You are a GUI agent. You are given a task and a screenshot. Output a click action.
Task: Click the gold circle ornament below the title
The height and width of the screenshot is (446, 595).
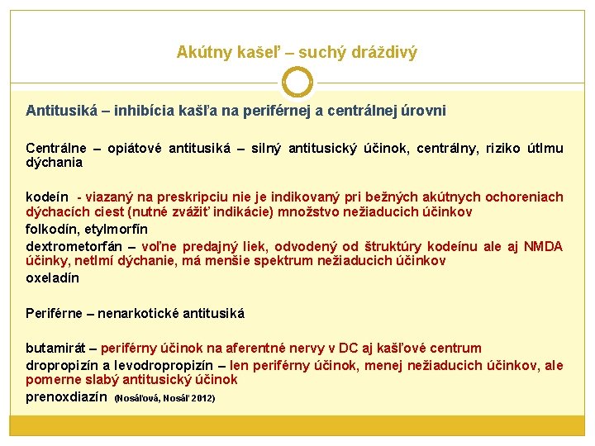(297, 83)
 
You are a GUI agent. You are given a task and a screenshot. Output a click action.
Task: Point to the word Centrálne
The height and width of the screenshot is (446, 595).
(56, 149)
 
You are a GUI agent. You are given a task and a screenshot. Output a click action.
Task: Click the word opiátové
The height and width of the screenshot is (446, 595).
(132, 149)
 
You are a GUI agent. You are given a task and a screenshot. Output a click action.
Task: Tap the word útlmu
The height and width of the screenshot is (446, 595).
(545, 149)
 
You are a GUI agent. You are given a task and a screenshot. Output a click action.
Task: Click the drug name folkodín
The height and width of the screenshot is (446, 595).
(50, 230)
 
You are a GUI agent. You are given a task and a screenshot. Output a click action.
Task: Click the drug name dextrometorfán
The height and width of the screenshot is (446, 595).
(74, 246)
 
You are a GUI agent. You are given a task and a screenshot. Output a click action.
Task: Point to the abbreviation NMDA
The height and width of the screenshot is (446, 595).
(544, 246)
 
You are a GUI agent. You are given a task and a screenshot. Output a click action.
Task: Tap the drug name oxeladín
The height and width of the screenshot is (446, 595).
(52, 278)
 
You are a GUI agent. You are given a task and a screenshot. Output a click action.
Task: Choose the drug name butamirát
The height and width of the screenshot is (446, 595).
(56, 349)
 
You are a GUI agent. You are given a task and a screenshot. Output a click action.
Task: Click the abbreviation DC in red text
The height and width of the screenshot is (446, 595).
(340, 349)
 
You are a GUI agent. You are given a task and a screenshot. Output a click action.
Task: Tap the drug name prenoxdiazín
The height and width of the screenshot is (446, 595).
(66, 396)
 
